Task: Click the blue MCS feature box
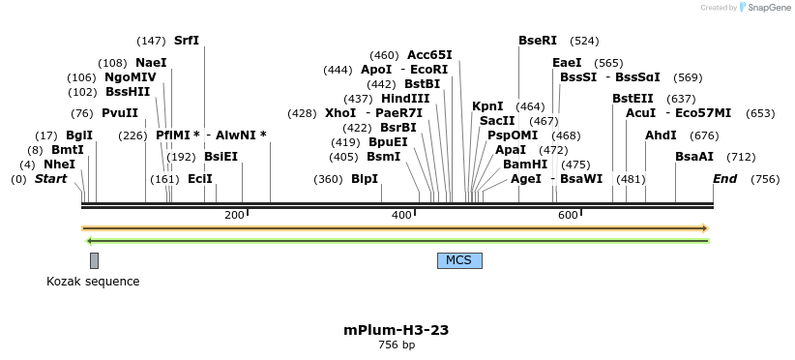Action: (x=459, y=260)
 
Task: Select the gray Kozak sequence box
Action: (x=94, y=260)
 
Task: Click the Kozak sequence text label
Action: (x=93, y=282)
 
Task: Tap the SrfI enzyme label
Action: (x=187, y=41)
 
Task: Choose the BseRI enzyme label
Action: (x=538, y=41)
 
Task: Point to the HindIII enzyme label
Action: (x=405, y=99)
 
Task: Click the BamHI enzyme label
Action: (x=525, y=165)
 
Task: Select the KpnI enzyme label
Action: (x=487, y=106)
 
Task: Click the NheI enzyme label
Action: (x=59, y=165)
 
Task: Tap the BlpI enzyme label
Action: (x=365, y=179)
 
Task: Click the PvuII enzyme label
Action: (x=120, y=113)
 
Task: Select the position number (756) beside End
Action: (x=765, y=179)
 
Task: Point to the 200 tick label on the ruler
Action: (x=234, y=215)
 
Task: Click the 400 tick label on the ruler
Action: (x=401, y=215)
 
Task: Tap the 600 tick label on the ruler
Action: (x=568, y=215)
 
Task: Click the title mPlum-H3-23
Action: (x=397, y=330)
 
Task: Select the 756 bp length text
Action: (x=397, y=345)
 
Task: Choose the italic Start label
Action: (x=51, y=179)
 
